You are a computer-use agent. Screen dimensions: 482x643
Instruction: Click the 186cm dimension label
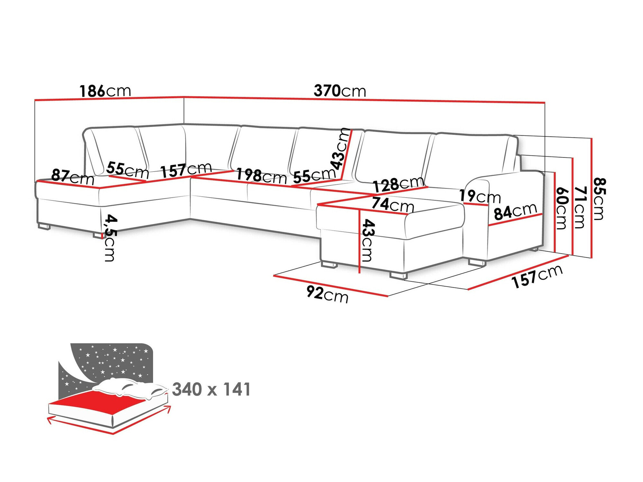pos(105,91)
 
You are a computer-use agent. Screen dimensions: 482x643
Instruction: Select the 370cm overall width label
pos(340,91)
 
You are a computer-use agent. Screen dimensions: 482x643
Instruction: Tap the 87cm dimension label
pos(73,177)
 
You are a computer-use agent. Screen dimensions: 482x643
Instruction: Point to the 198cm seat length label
pos(261,176)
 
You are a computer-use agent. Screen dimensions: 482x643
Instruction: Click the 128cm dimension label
pos(398,184)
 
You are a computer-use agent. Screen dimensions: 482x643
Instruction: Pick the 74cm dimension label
pos(393,204)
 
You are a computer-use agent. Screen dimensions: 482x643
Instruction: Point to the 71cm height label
pos(580,207)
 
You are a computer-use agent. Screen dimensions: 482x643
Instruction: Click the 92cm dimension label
pos(327,294)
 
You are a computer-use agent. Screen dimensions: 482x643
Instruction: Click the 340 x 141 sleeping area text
pos(211,389)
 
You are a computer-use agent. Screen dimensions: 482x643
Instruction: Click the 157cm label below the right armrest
pos(537,276)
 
